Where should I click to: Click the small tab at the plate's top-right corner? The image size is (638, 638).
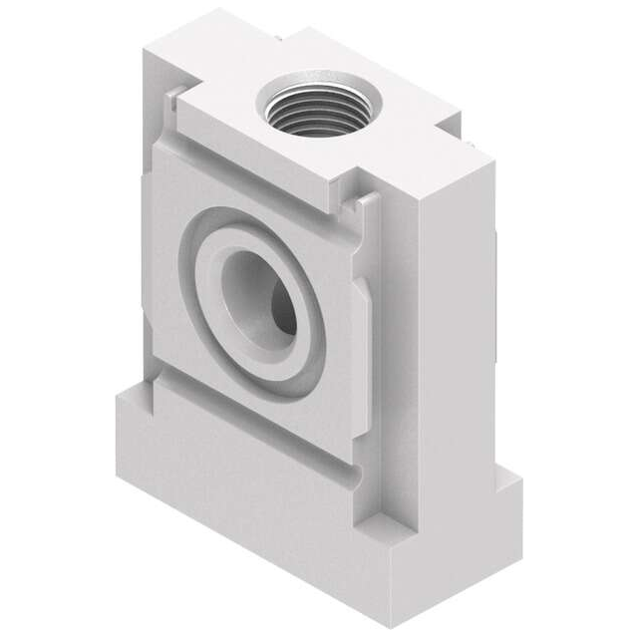point(364,203)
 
